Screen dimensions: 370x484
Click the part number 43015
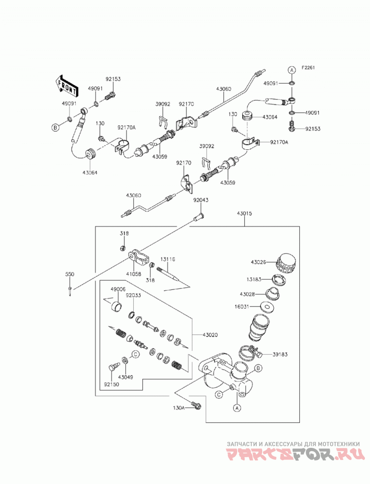[244, 213]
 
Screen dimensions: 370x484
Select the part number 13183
[254, 279]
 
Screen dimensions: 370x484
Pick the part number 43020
[210, 335]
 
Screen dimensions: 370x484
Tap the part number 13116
[168, 259]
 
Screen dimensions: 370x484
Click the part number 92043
[201, 200]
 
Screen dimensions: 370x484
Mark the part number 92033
[133, 295]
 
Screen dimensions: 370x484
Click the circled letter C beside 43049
[135, 355]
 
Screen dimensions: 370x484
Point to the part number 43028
[247, 294]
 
